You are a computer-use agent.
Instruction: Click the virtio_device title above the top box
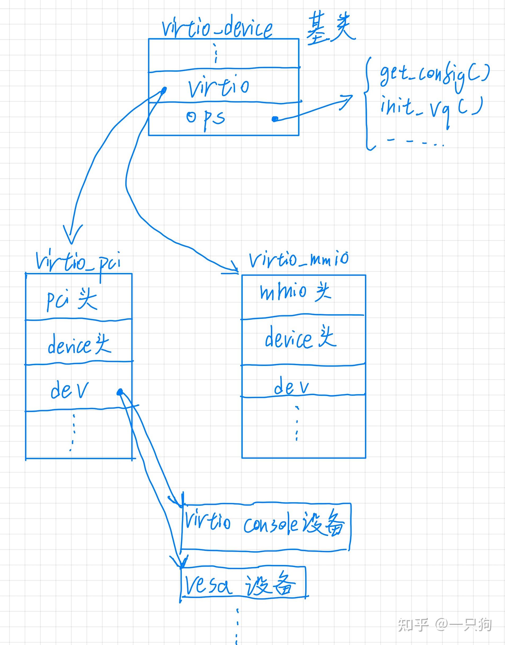coord(217,30)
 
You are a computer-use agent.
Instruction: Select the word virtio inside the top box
coord(219,87)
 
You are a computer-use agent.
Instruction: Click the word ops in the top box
coord(206,118)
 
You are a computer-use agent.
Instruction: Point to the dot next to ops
coord(275,119)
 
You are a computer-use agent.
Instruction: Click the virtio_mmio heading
coord(299,259)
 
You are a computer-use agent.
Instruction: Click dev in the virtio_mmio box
coord(291,387)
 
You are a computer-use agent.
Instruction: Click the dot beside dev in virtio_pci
coord(119,392)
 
